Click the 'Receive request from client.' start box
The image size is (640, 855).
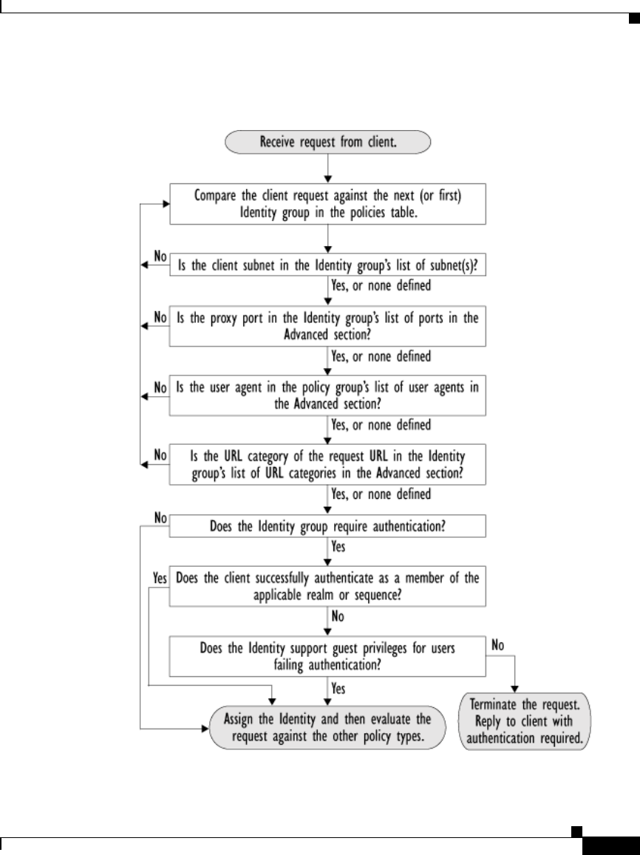[x=328, y=143]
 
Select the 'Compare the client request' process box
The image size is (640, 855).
[x=328, y=204]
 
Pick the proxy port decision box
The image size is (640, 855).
[x=328, y=326]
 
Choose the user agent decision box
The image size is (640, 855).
[x=328, y=396]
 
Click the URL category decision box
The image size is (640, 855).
[x=328, y=463]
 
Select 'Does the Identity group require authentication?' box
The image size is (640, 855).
[x=328, y=527]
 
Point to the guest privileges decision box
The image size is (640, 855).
[x=328, y=655]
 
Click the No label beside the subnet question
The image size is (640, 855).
[x=160, y=256]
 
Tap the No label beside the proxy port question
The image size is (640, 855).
[x=160, y=317]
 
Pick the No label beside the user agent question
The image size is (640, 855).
[x=160, y=386]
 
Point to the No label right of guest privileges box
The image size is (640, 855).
[x=498, y=644]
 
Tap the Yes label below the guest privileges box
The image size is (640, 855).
[x=338, y=689]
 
